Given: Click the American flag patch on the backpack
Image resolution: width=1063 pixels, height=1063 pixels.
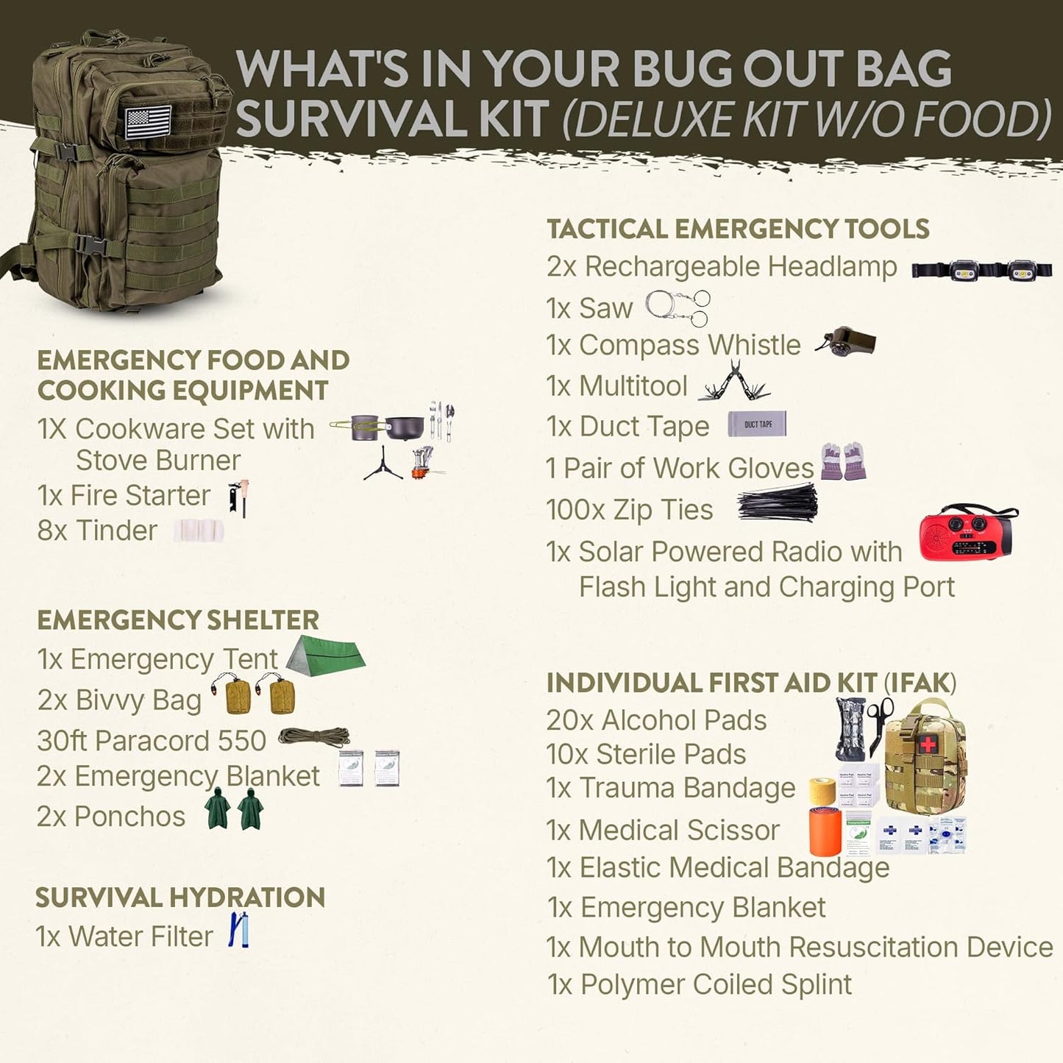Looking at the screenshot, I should click(148, 121).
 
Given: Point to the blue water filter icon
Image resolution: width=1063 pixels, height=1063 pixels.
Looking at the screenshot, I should click(238, 930).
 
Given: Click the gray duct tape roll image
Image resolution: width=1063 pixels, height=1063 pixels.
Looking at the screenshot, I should click(757, 424).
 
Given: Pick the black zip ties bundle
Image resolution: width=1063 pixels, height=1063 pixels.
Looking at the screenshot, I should click(778, 503).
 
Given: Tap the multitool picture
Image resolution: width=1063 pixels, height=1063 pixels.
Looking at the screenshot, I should click(733, 383).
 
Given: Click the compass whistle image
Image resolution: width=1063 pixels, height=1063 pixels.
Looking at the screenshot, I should click(846, 342).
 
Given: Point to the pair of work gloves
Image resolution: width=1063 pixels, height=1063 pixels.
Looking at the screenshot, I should click(844, 461).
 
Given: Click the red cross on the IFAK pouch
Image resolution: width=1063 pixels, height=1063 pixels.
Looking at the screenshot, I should click(928, 744).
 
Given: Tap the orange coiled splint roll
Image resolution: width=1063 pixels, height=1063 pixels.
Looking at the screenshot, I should click(825, 831).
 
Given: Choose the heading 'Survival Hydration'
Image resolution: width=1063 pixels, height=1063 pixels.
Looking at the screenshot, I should click(180, 897).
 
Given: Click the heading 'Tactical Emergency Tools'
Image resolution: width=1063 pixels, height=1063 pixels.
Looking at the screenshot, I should click(738, 229).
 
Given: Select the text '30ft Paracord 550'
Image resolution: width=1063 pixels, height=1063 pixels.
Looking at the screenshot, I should click(152, 741).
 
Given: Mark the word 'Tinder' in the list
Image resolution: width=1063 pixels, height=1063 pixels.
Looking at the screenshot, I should click(117, 531).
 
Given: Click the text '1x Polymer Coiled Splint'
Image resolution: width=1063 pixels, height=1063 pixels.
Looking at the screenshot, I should click(700, 984).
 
